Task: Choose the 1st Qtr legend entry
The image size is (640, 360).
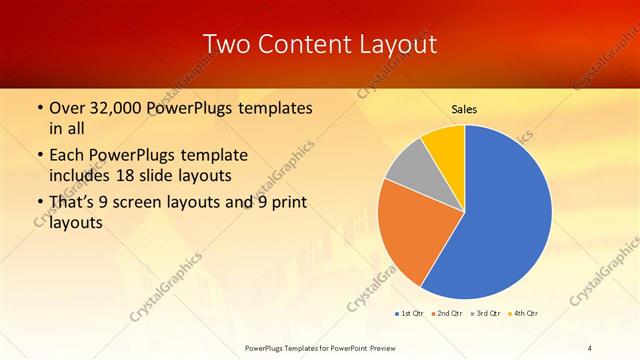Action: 410,314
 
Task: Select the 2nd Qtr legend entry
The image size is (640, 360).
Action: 446,314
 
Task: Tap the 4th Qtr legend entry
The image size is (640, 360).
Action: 523,314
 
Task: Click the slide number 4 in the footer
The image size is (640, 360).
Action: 590,347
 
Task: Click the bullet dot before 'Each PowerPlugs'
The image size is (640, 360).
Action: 38,156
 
